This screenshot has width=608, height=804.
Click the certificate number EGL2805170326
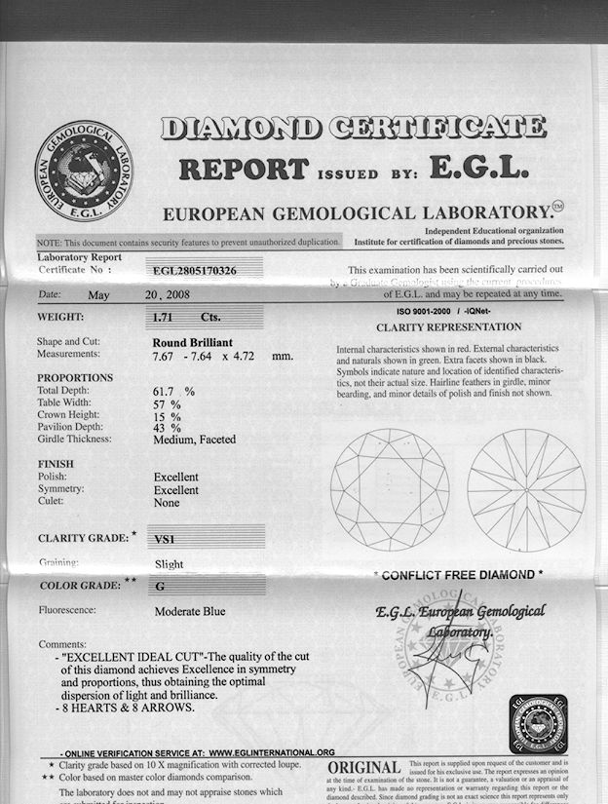[x=195, y=269]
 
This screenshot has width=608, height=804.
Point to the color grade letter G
[x=160, y=587]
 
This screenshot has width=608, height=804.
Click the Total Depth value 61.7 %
[x=174, y=391]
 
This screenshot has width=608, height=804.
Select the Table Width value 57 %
[x=168, y=402]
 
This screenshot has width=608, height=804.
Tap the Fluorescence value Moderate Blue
[x=190, y=612]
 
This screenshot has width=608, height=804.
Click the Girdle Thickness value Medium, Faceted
[x=195, y=440]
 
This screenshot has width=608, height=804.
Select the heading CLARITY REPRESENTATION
[x=448, y=327]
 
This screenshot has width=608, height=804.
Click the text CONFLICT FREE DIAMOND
[x=458, y=575]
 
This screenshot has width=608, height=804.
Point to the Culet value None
[x=167, y=502]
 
